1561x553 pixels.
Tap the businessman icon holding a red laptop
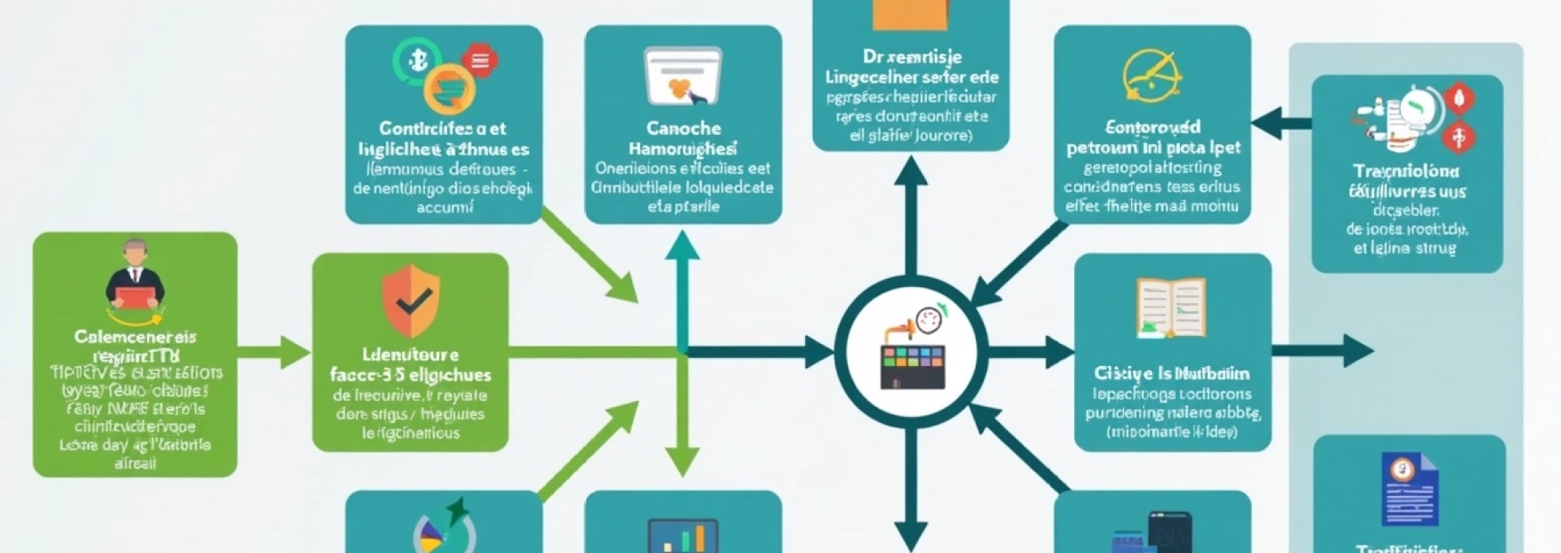(135, 276)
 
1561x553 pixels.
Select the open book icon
(1171, 307)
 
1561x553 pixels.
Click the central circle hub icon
(911, 352)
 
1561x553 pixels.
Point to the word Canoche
(683, 128)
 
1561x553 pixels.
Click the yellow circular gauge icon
(1151, 76)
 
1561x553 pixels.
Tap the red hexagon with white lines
(480, 60)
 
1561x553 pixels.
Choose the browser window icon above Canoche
(683, 76)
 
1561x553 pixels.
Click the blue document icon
(1409, 489)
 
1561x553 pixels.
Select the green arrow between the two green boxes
(276, 352)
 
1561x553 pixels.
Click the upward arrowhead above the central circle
(911, 171)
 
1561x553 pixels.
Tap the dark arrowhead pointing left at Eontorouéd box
(1268, 124)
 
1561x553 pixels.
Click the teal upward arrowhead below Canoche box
(682, 246)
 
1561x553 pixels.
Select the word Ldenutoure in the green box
(411, 355)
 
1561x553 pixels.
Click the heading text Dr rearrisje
(911, 57)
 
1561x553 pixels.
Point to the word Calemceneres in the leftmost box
(135, 337)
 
